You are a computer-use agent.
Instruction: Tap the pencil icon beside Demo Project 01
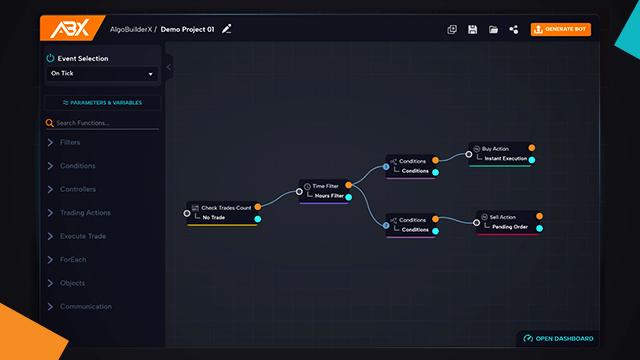click(x=227, y=29)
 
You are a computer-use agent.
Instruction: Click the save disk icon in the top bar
click(x=472, y=29)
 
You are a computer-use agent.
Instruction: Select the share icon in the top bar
click(x=514, y=29)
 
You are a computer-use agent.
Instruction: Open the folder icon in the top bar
click(x=493, y=29)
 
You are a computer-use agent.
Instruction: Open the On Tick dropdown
click(x=103, y=73)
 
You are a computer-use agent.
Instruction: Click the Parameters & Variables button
click(x=103, y=102)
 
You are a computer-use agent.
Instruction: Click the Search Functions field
click(x=103, y=123)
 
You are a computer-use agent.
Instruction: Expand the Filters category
click(x=70, y=143)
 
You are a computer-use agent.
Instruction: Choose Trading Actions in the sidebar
click(x=85, y=213)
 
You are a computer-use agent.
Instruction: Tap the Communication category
click(x=86, y=307)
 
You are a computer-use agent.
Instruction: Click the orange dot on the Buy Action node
click(x=532, y=148)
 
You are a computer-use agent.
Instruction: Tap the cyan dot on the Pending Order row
click(x=540, y=227)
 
